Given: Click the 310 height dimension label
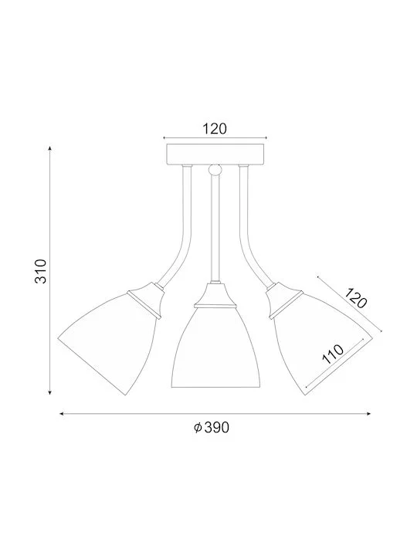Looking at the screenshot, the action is pyautogui.click(x=41, y=271).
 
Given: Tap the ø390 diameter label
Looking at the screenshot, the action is pyautogui.click(x=212, y=428).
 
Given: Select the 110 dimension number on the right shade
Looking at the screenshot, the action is pyautogui.click(x=333, y=354).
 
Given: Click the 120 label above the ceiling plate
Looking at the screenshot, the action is pyautogui.click(x=215, y=129).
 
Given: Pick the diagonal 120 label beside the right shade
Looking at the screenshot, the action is pyautogui.click(x=356, y=298).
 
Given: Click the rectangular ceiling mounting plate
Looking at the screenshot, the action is pyautogui.click(x=215, y=154).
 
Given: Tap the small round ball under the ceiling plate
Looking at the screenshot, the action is pyautogui.click(x=214, y=170).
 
